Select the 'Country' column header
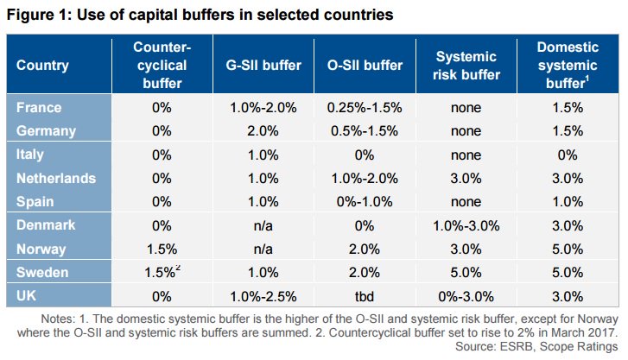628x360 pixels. click(x=42, y=65)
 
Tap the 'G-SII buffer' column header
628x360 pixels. click(x=253, y=65)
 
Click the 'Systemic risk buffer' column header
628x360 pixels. click(x=467, y=66)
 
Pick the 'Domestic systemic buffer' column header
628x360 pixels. click(x=568, y=65)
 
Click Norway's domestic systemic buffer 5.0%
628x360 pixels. click(x=568, y=248)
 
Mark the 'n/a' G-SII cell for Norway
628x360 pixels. click(x=253, y=248)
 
